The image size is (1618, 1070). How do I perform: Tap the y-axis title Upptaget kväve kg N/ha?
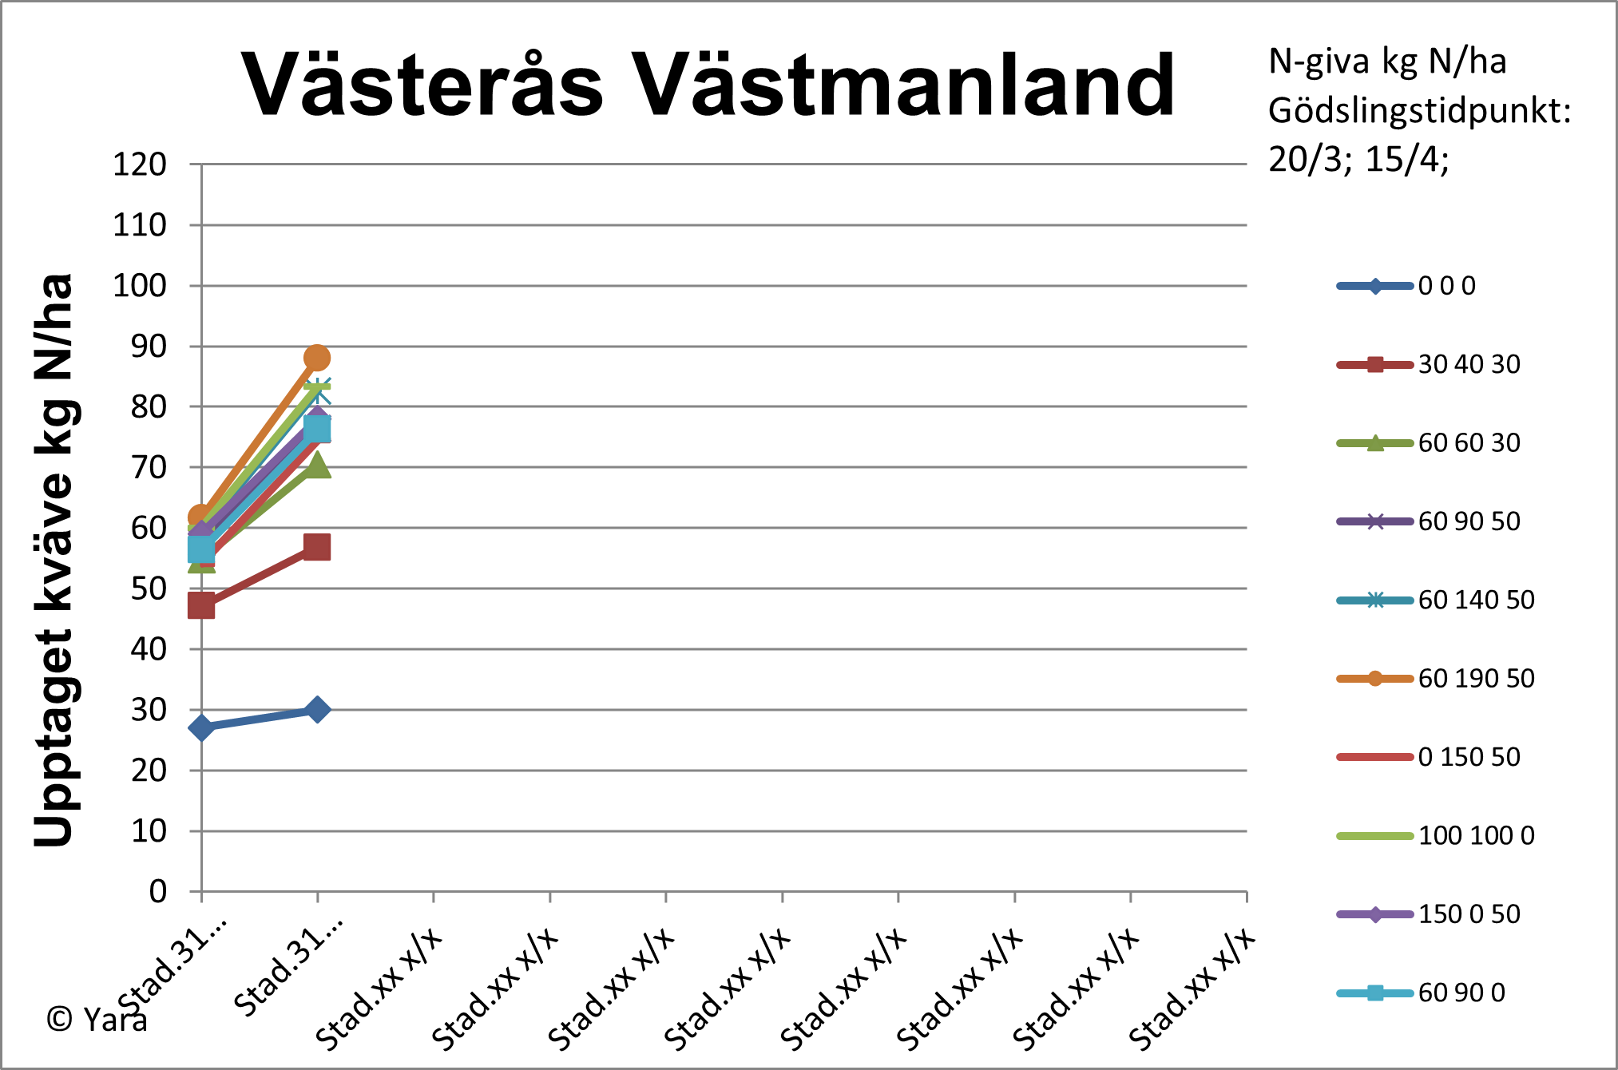54,559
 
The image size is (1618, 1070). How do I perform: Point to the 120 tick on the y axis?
140,164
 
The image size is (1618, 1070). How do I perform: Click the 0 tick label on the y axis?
158,891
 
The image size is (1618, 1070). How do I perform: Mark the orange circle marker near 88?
317,358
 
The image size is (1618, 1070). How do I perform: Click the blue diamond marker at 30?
317,709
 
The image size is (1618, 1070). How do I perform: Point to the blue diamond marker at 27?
201,727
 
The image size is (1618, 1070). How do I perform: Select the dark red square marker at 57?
317,547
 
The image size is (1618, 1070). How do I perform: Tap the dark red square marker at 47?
201,606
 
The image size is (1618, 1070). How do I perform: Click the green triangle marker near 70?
317,466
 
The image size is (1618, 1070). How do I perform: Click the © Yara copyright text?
97,1020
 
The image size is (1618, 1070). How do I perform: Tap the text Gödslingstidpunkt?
1419,111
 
